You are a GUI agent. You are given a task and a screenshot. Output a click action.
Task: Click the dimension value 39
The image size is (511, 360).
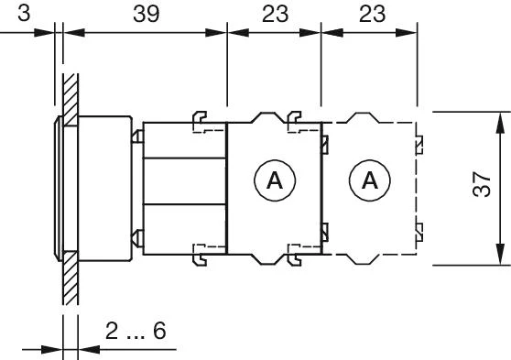pos(147,14)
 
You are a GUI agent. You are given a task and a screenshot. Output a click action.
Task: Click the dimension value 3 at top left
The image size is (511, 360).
pos(24,14)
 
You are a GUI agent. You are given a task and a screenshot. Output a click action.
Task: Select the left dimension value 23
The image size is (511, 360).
pos(275,14)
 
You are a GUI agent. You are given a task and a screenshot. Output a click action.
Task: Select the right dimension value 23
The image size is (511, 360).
pos(372,14)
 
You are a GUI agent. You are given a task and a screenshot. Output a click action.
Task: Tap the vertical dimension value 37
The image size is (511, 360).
pos(482,184)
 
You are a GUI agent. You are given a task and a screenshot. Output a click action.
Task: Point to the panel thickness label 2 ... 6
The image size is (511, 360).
pos(136,331)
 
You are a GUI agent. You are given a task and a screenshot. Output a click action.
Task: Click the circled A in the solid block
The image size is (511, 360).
pos(275,180)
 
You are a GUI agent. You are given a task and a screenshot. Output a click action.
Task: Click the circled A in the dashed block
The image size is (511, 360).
pos(370,180)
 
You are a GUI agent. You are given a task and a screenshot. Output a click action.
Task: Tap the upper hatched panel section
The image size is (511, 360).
pos(71,100)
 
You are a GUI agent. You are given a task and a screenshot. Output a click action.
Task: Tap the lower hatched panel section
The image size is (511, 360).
pos(71,278)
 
